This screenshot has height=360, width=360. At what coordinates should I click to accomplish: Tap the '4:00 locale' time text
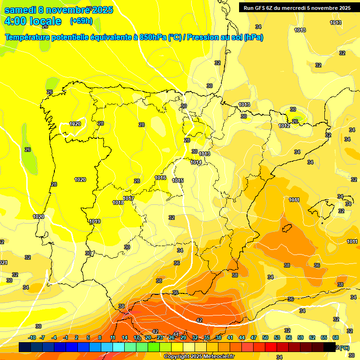pyautogui.click(x=33, y=21)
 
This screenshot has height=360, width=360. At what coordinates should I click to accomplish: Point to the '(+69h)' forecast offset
pyautogui.click(x=81, y=21)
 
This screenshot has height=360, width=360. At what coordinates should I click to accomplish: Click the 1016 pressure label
pyautogui.click(x=161, y=178)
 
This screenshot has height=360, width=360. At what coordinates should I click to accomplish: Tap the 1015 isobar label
pyautogui.click(x=178, y=180)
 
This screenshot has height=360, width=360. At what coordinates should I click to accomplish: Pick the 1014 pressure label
pyautogui.click(x=196, y=162)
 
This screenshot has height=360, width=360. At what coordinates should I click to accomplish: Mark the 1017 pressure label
pyautogui.click(x=128, y=198)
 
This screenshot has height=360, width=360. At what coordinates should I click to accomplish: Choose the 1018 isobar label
pyautogui.click(x=118, y=202)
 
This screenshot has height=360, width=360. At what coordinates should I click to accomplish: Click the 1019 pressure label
pyautogui.click(x=95, y=221)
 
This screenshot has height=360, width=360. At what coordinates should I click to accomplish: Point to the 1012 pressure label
pyautogui.click(x=284, y=126)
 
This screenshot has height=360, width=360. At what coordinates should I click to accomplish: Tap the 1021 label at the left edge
pyautogui.click(x=3, y=262)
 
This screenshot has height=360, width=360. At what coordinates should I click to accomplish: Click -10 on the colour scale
pyautogui.click(x=32, y=337)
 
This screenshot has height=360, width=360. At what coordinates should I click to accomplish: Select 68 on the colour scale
pyautogui.click(x=336, y=337)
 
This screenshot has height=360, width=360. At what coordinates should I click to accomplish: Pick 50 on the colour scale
pyautogui.click(x=265, y=337)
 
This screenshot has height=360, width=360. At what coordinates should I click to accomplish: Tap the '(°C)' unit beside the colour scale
pyautogui.click(x=344, y=347)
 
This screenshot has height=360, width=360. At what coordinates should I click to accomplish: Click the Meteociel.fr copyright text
pyautogui.click(x=199, y=356)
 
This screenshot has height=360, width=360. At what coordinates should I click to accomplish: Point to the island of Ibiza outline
pyautogui.click(x=287, y=228)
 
